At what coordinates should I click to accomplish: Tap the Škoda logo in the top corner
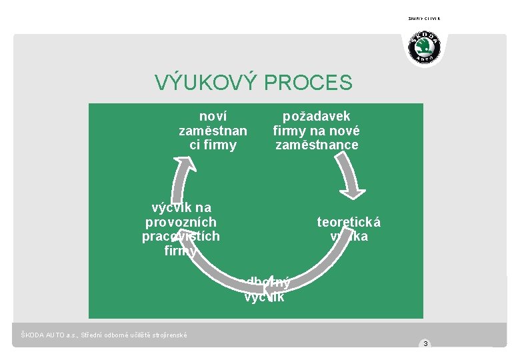point(424,49)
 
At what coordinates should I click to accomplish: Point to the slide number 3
point(425,344)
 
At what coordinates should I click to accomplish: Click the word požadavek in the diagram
point(316,117)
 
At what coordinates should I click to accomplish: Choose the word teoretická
point(349,222)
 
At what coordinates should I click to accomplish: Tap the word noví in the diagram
point(213,116)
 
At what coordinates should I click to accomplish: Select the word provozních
point(181,222)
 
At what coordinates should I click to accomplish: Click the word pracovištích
point(181,237)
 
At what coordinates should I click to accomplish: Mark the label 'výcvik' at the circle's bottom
point(264,297)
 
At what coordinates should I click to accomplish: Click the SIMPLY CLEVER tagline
point(424,19)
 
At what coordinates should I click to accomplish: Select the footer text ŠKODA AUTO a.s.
point(48,335)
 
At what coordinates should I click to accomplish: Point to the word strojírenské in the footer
point(167,335)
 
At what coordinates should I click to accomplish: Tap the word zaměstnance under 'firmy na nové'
point(317,145)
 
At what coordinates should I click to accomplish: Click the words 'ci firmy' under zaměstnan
point(213,145)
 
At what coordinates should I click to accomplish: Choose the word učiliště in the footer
point(135,335)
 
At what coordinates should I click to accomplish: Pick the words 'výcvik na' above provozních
point(181,207)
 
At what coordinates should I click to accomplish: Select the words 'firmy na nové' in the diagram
point(316,131)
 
